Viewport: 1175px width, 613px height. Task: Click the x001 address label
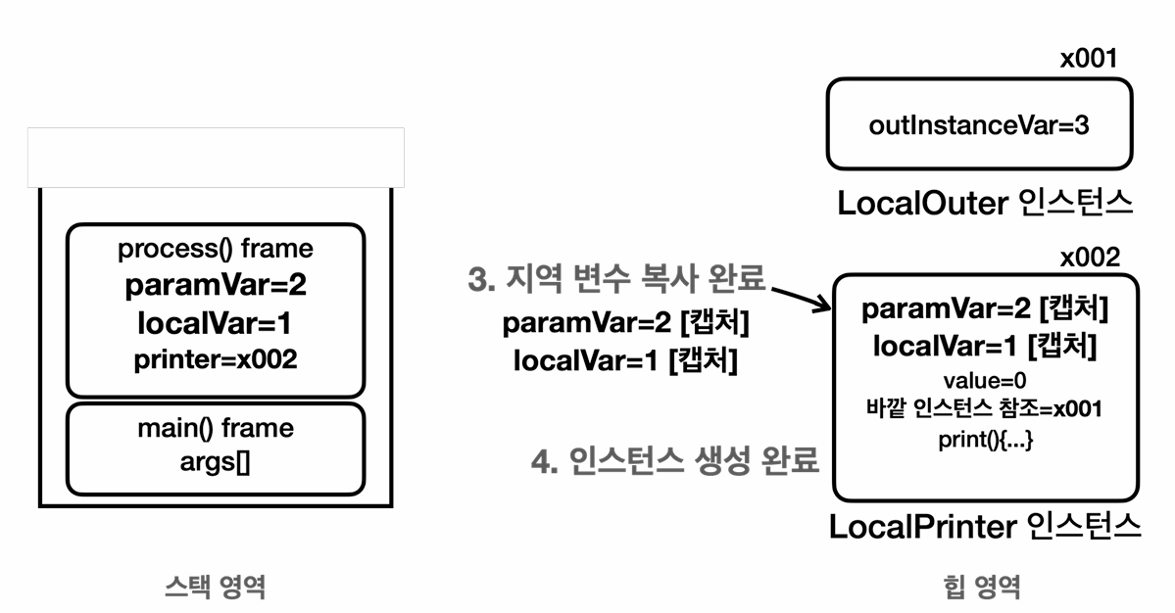pos(1088,59)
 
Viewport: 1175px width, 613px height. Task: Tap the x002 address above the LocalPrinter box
pos(1088,258)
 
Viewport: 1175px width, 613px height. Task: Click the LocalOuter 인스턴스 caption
pos(985,204)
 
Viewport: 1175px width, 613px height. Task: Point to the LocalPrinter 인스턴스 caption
pos(985,527)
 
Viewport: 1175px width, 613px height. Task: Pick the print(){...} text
pos(984,441)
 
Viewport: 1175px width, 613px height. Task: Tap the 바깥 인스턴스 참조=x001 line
pos(984,409)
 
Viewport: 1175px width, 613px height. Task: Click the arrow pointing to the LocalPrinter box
pos(802,298)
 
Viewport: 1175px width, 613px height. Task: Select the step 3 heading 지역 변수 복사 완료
pos(616,279)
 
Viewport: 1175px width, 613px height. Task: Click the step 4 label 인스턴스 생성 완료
pos(674,460)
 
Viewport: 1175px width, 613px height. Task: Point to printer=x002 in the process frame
pos(216,359)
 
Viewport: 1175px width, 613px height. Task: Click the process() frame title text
pos(216,249)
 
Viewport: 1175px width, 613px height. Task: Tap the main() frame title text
pos(216,428)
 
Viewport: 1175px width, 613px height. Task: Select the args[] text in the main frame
pos(216,462)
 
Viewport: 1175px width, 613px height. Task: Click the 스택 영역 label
pos(215,587)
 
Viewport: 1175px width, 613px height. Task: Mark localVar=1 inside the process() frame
pos(216,322)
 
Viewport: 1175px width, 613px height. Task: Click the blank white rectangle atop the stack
pos(216,157)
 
